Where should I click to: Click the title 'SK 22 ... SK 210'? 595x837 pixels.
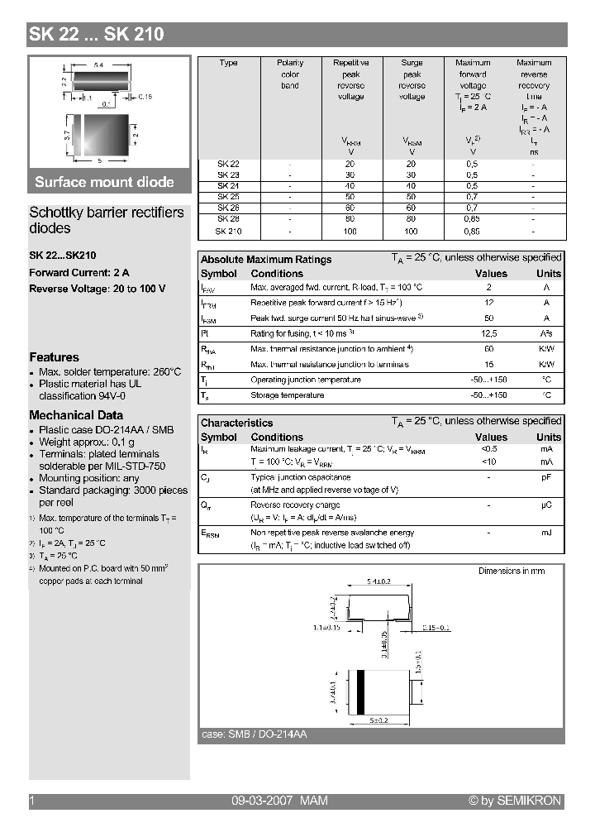(x=97, y=35)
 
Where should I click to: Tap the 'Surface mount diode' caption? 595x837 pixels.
(x=104, y=183)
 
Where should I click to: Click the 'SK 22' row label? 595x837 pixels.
(x=228, y=164)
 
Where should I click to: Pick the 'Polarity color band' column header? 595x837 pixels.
(x=290, y=74)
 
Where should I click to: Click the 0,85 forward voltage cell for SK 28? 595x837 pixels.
(x=472, y=220)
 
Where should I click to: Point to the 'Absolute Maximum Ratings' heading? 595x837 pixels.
(x=266, y=259)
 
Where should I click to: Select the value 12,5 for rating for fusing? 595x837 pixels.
(x=489, y=333)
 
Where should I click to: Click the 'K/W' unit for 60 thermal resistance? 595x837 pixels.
(x=546, y=349)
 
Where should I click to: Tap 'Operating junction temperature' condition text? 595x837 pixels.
(x=306, y=380)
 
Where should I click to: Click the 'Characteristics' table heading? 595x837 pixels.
(x=236, y=423)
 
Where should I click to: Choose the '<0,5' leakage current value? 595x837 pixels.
(x=489, y=449)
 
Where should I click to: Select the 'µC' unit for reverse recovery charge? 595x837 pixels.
(x=546, y=505)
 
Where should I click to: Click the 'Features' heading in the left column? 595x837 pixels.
(x=54, y=357)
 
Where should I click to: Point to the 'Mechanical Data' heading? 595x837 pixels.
(x=76, y=415)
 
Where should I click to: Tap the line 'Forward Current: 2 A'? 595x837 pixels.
(x=79, y=272)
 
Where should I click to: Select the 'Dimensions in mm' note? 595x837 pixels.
(x=512, y=571)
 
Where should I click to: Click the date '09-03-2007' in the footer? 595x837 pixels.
(x=259, y=801)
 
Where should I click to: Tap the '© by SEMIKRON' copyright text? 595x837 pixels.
(x=514, y=801)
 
